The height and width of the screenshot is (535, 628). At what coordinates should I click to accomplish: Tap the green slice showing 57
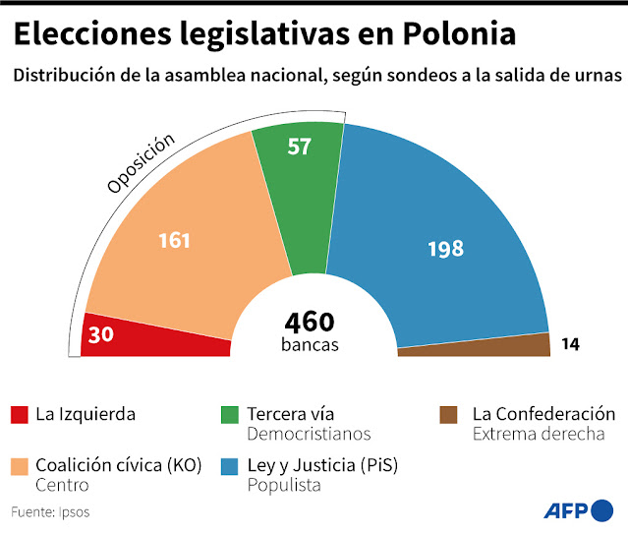(x=298, y=157)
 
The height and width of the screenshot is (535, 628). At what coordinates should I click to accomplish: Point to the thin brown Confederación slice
(x=511, y=345)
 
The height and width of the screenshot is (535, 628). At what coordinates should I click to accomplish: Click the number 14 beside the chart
(x=570, y=344)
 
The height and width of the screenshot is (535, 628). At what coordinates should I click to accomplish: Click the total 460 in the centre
(x=310, y=322)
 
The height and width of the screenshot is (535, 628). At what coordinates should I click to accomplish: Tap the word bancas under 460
(x=310, y=345)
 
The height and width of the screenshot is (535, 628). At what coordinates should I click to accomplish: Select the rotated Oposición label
(x=141, y=162)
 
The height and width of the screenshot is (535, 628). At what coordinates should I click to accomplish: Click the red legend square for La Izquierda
(x=19, y=415)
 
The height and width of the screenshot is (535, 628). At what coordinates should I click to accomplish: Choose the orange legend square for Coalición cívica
(x=19, y=466)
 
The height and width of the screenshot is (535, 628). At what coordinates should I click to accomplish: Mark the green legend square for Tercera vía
(x=229, y=415)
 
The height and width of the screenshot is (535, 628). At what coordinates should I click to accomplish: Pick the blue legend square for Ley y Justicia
(x=229, y=466)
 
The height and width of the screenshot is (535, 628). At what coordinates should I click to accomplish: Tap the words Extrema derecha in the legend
(x=538, y=434)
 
